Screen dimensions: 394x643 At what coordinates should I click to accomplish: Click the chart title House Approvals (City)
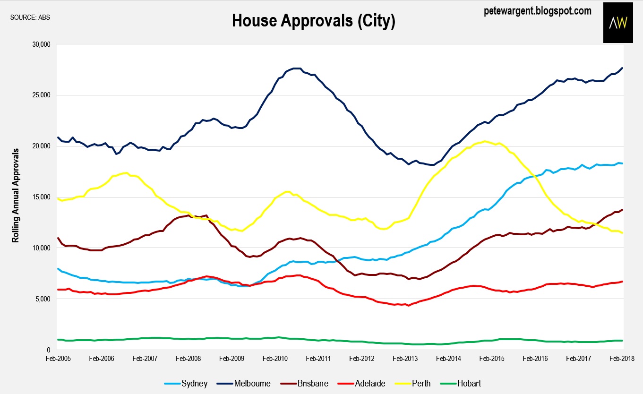click(x=313, y=20)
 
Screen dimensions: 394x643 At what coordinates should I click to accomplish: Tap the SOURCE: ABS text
click(x=30, y=17)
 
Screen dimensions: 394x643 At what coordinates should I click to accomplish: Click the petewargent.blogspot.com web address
click(x=538, y=10)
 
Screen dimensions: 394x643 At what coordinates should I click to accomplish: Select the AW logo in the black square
click(x=618, y=23)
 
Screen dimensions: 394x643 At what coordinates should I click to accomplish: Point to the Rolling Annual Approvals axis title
click(x=16, y=195)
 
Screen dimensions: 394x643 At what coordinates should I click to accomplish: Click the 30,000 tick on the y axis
click(x=40, y=44)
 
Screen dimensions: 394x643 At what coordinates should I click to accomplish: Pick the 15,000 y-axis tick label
click(x=40, y=197)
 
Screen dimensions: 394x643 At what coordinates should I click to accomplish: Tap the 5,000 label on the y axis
click(x=42, y=299)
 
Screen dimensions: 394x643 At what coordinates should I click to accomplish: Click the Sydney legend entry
click(x=194, y=384)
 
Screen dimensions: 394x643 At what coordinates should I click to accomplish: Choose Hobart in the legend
click(x=469, y=384)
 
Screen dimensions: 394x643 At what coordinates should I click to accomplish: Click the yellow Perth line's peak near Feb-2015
click(x=486, y=141)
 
